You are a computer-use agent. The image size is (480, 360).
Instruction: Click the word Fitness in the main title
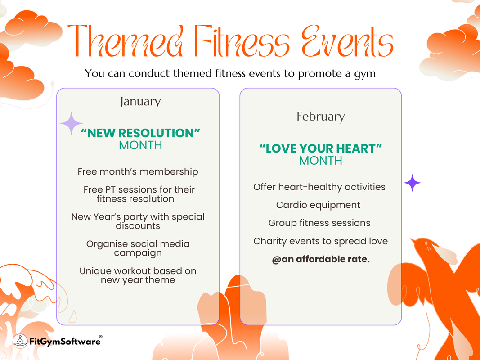[241, 41]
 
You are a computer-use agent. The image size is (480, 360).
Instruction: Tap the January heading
[140, 102]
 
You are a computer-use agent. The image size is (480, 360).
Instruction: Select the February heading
[320, 117]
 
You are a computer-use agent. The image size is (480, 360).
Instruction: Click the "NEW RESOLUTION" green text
[140, 133]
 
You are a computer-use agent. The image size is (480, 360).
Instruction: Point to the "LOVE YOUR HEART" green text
[320, 148]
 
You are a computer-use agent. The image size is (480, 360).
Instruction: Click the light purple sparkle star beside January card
[72, 123]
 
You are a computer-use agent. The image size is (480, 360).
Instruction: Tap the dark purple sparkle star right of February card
[413, 183]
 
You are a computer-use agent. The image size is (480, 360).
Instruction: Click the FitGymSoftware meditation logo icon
[20, 341]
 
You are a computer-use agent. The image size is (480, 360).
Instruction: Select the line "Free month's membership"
[138, 172]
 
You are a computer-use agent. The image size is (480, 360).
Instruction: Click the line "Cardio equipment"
[318, 205]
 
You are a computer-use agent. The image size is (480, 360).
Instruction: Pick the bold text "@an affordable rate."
[321, 259]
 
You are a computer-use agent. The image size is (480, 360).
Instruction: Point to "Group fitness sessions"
[319, 223]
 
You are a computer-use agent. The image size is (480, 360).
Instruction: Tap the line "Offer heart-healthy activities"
[319, 187]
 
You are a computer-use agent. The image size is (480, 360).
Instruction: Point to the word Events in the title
[347, 41]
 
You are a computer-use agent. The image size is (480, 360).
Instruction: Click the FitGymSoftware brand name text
[65, 341]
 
